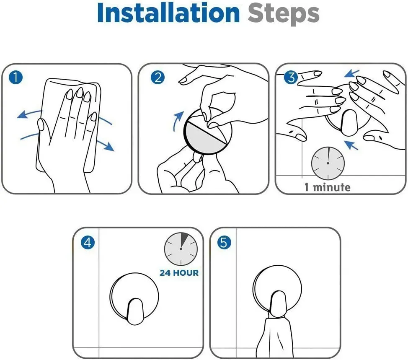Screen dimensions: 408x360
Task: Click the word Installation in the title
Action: tap(168, 13)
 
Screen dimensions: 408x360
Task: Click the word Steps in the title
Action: tap(283, 15)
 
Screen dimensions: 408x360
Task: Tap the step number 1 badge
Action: tap(15, 78)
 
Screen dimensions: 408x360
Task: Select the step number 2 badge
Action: tap(158, 78)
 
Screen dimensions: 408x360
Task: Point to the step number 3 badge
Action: tap(291, 78)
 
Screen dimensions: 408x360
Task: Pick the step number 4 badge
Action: tap(88, 243)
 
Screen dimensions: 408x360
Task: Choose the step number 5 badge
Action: tap(224, 243)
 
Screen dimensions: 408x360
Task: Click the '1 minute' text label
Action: tap(327, 187)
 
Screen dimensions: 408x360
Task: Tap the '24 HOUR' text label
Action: tap(179, 273)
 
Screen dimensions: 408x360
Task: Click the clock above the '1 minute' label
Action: tap(328, 163)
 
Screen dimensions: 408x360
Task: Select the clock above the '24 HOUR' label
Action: tap(181, 249)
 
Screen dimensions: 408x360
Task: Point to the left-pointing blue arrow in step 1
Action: tap(28, 113)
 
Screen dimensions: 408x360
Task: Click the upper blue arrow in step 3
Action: tap(351, 73)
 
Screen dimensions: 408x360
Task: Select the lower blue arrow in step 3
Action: tap(351, 145)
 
